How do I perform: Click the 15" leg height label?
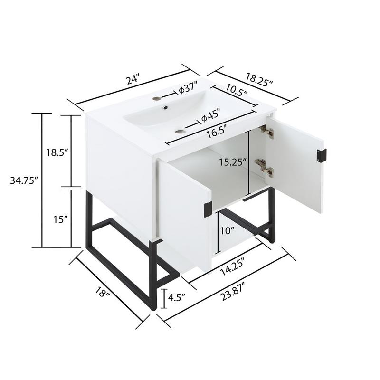point(60,219)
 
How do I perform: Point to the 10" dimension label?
point(228,231)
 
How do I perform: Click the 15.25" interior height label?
point(232,161)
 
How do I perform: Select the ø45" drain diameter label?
point(209,115)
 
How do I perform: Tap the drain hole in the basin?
point(180,131)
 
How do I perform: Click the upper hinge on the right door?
point(266,132)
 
